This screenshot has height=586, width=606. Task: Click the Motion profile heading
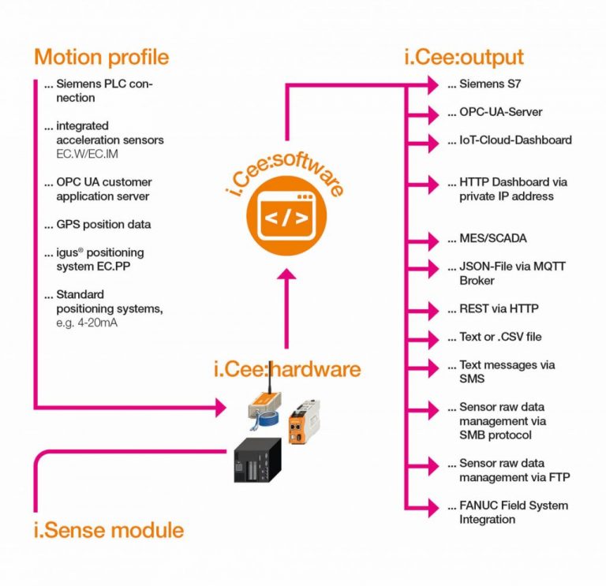[x=101, y=57]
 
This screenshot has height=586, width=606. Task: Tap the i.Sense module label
[x=108, y=529]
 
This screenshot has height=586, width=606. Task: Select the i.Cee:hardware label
[x=287, y=368]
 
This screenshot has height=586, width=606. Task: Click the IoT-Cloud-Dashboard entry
[x=515, y=140]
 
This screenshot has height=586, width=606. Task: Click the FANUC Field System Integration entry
[x=513, y=512]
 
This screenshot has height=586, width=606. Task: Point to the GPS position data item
[x=103, y=225]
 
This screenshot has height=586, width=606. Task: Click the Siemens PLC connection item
[x=103, y=91]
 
